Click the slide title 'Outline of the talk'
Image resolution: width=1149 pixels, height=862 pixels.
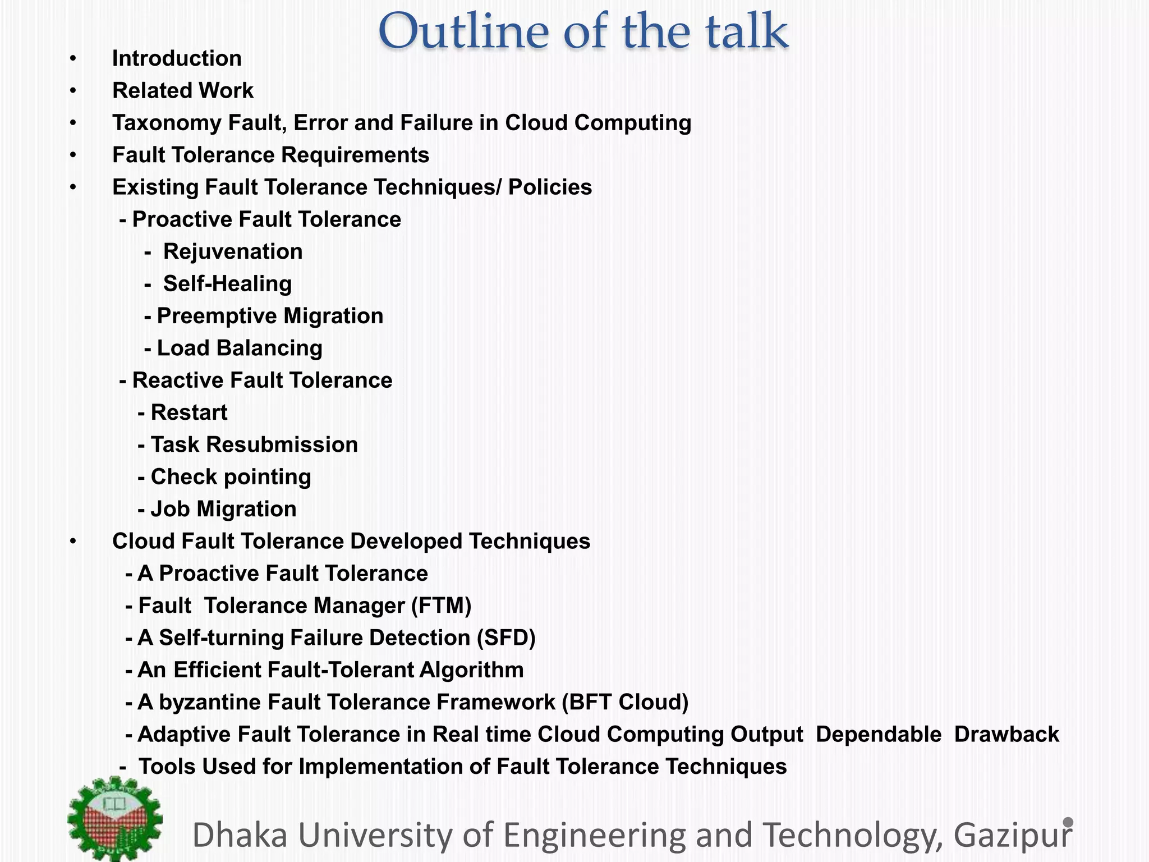point(583,31)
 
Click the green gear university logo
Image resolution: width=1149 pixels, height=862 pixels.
point(115,819)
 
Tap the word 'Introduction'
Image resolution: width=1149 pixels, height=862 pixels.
point(177,58)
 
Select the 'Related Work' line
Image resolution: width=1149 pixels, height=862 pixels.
point(183,90)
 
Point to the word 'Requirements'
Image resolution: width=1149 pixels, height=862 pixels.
point(355,155)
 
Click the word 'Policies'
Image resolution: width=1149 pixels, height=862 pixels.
point(550,187)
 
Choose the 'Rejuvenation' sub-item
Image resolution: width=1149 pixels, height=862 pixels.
point(233,251)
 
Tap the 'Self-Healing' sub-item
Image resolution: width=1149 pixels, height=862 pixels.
point(227,283)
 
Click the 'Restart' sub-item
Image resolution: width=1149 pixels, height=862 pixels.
point(189,412)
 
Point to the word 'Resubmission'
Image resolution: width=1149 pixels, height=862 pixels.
point(282,444)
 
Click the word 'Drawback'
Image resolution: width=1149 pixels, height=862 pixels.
point(1006,734)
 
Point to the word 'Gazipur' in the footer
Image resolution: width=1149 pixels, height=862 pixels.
point(1013,835)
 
